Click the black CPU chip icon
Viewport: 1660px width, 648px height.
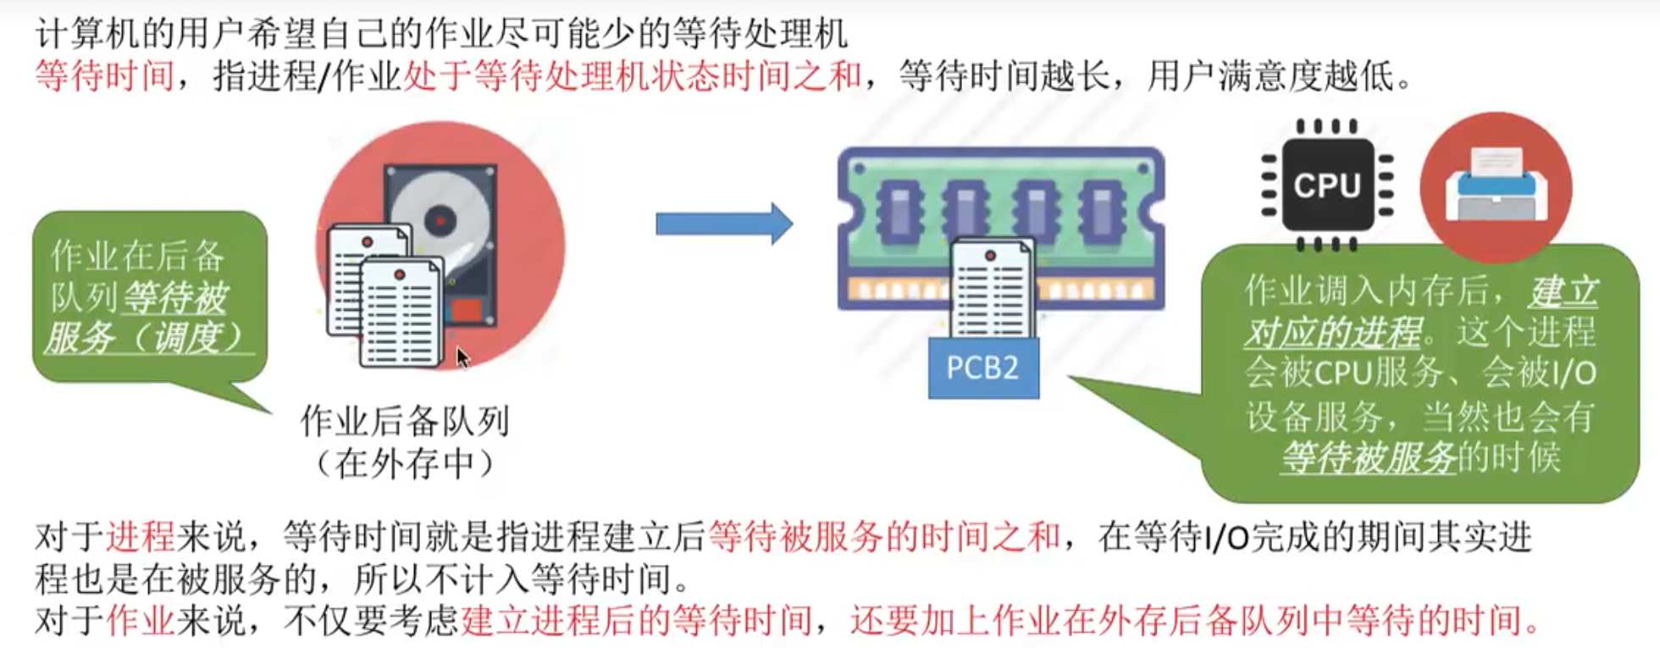[x=1326, y=185]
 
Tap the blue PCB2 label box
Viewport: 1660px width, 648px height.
[x=982, y=368]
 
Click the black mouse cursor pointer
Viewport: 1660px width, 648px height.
[x=462, y=357]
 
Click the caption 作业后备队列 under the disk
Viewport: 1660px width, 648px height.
[x=405, y=420]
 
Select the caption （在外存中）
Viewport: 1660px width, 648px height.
[x=405, y=462]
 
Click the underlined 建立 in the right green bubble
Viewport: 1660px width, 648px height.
[x=1563, y=291]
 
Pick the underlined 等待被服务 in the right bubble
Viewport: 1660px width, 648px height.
[x=1368, y=458]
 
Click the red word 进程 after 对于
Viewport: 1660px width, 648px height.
[x=141, y=537]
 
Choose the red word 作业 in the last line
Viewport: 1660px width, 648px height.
[x=141, y=621]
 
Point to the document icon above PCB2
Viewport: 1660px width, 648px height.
[x=991, y=288]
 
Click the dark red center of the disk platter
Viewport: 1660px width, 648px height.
[x=440, y=220]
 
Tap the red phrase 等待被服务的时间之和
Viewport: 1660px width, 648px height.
[x=883, y=537]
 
